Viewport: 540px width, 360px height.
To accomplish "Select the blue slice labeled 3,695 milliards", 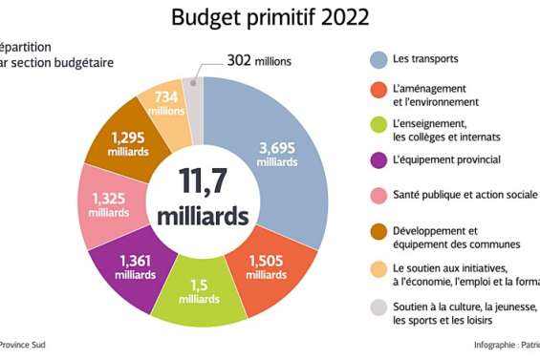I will [x=285, y=153].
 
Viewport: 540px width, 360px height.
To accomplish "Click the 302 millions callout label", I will [x=258, y=61].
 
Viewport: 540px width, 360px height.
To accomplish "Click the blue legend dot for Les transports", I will [x=378, y=60].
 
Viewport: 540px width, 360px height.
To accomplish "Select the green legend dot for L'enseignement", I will [x=378, y=124].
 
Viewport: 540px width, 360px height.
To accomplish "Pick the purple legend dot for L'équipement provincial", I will [x=378, y=159].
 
